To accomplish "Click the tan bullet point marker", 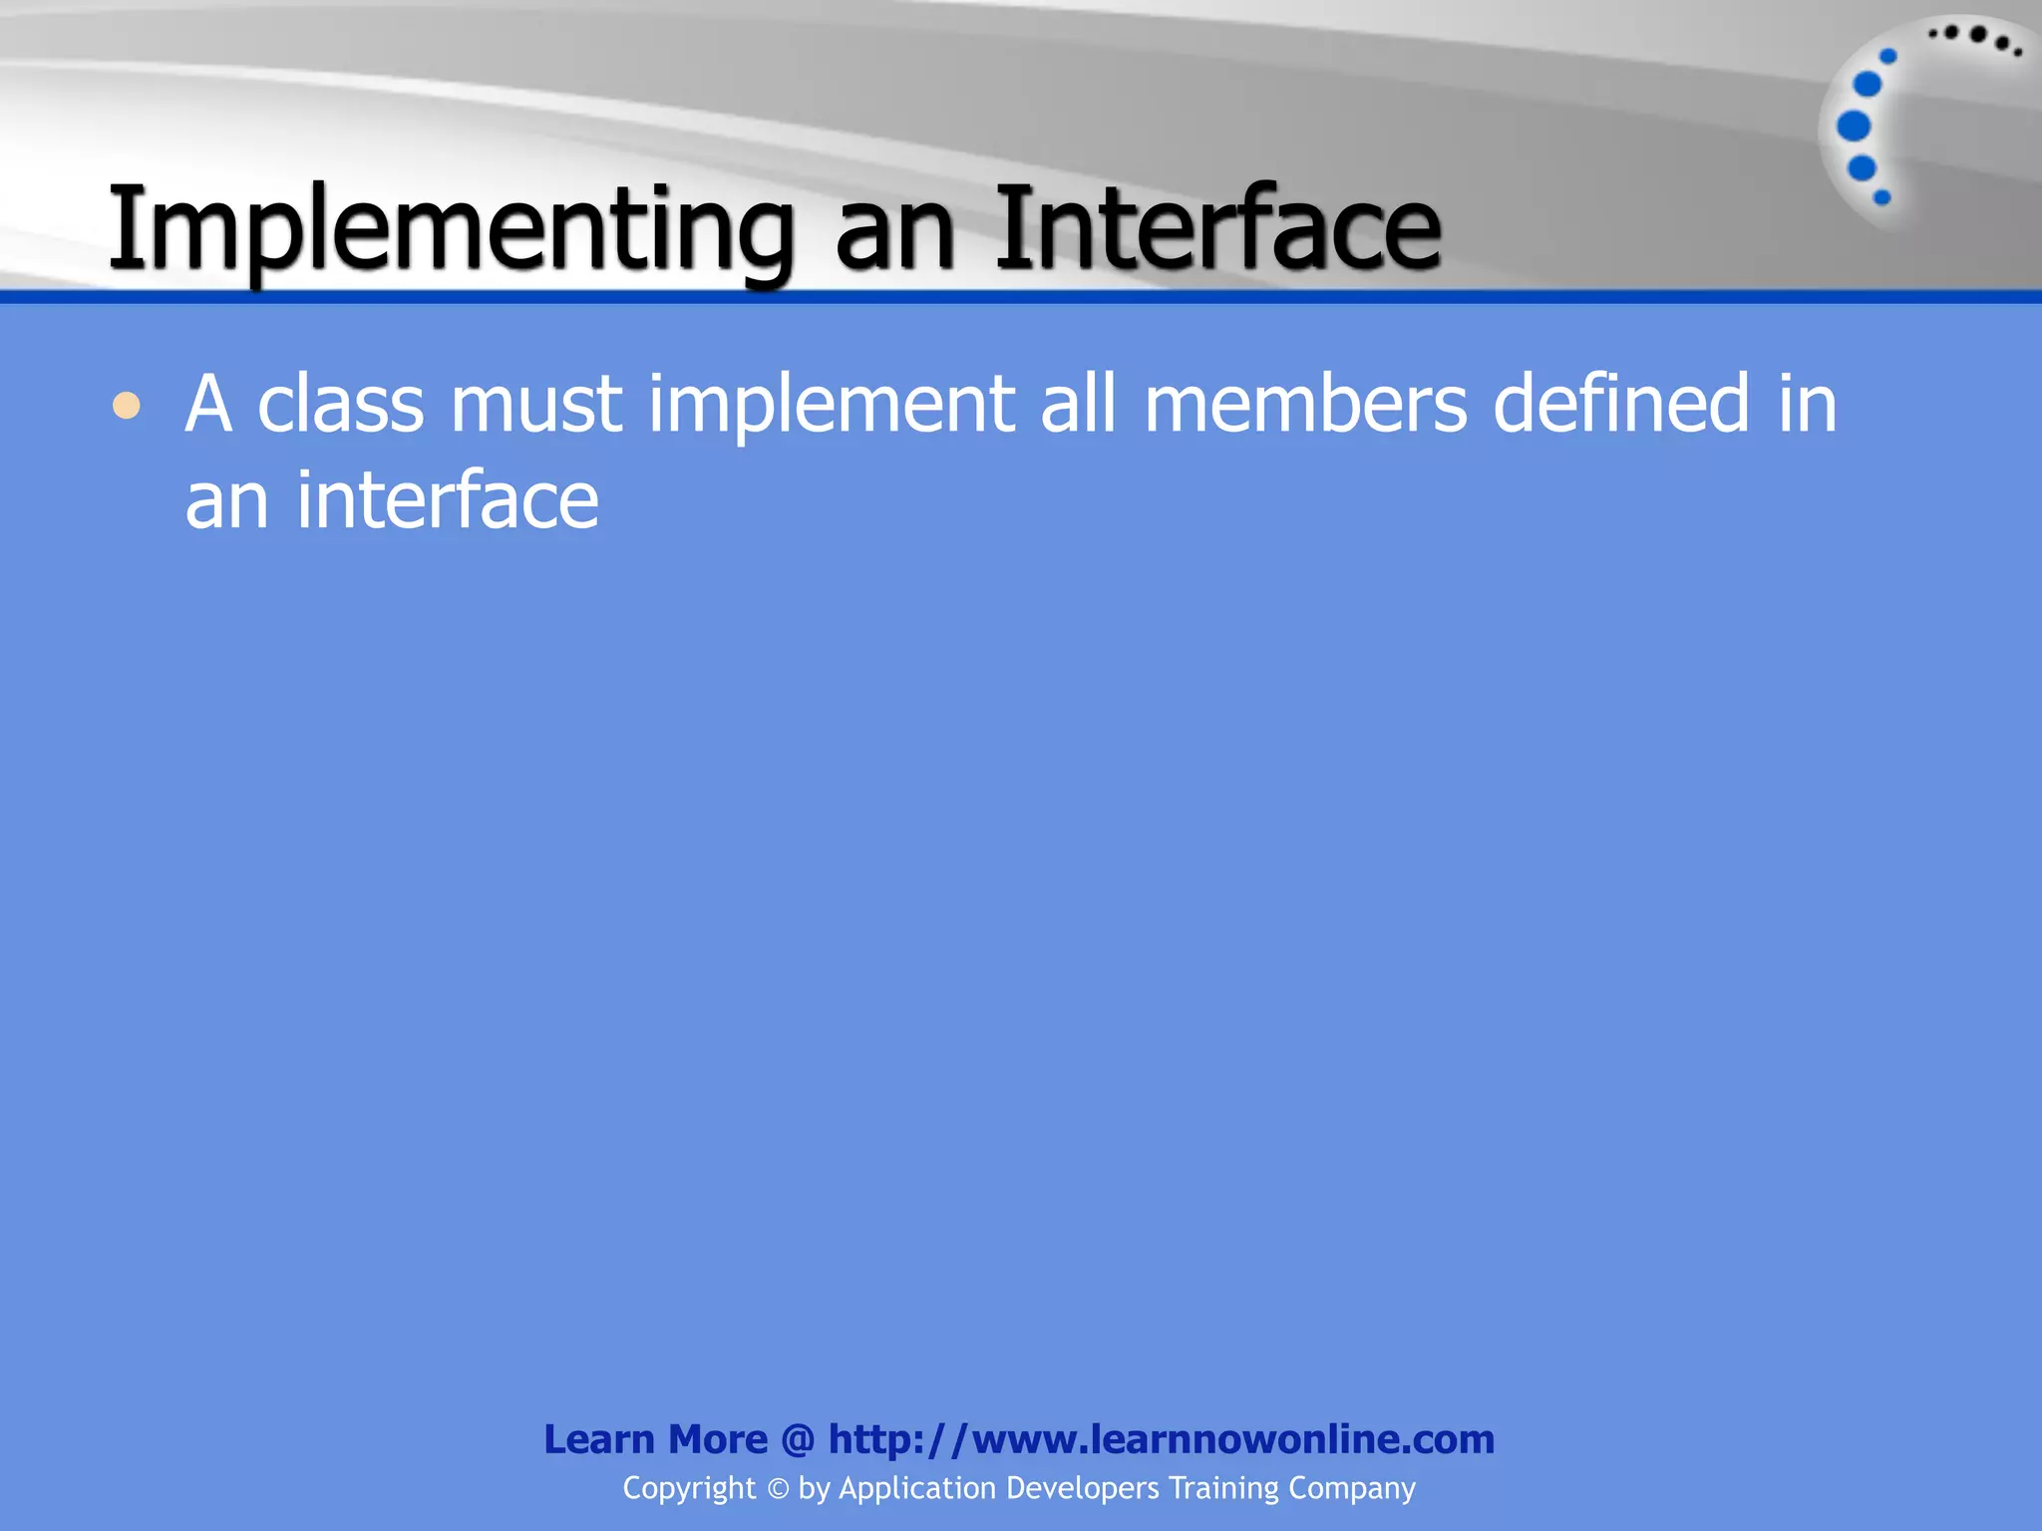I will pyautogui.click(x=127, y=406).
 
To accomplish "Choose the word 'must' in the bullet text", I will pyautogui.click(x=536, y=405).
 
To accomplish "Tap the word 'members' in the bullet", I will pyautogui.click(x=1305, y=405).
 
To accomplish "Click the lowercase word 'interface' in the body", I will pyautogui.click(x=448, y=500).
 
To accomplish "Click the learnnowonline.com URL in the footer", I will pyautogui.click(x=1162, y=1439).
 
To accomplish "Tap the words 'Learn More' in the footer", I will pyautogui.click(x=655, y=1439).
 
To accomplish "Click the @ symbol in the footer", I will pyautogui.click(x=798, y=1440).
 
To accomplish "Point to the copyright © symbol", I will pyautogui.click(x=778, y=1489).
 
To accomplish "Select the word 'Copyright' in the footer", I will pyautogui.click(x=689, y=1488).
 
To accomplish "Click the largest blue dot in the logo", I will pyautogui.click(x=1854, y=127).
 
